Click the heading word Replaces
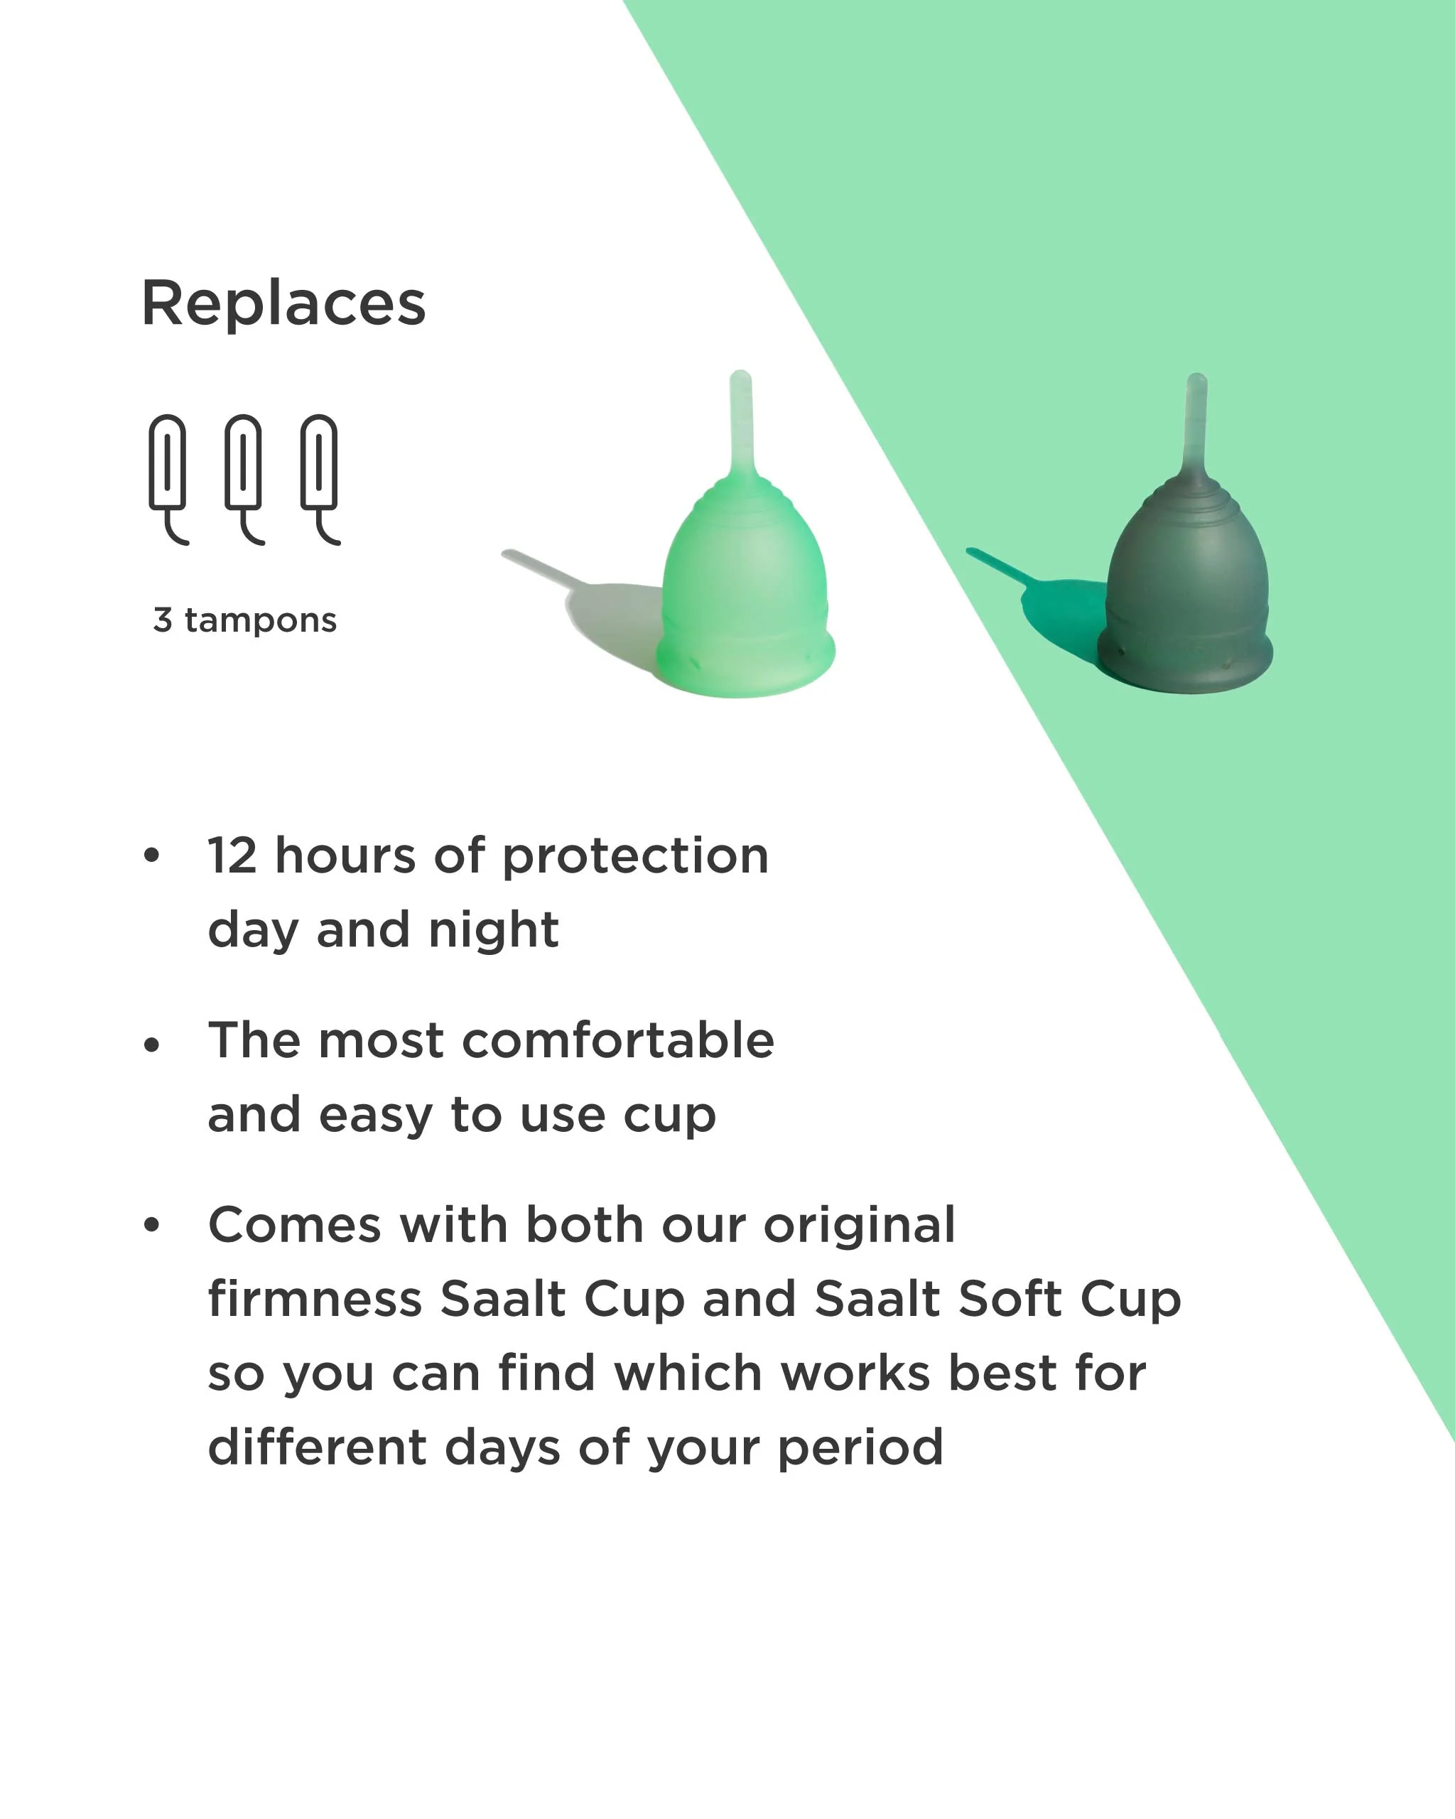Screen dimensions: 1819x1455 click(283, 303)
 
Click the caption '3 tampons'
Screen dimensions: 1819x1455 click(244, 620)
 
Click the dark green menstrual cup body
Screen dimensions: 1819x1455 click(1188, 595)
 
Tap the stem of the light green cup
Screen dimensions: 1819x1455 click(742, 422)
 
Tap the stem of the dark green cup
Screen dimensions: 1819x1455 click(1197, 422)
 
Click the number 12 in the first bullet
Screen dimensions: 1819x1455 click(232, 855)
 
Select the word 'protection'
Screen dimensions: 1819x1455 click(635, 857)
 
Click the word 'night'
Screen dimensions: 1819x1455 click(494, 932)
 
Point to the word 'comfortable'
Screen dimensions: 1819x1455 click(618, 1040)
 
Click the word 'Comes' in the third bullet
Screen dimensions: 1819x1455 click(294, 1225)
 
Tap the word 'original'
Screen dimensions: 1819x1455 click(860, 1226)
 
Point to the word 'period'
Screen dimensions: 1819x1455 click(860, 1449)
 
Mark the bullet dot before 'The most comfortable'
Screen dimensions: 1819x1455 click(152, 1045)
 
